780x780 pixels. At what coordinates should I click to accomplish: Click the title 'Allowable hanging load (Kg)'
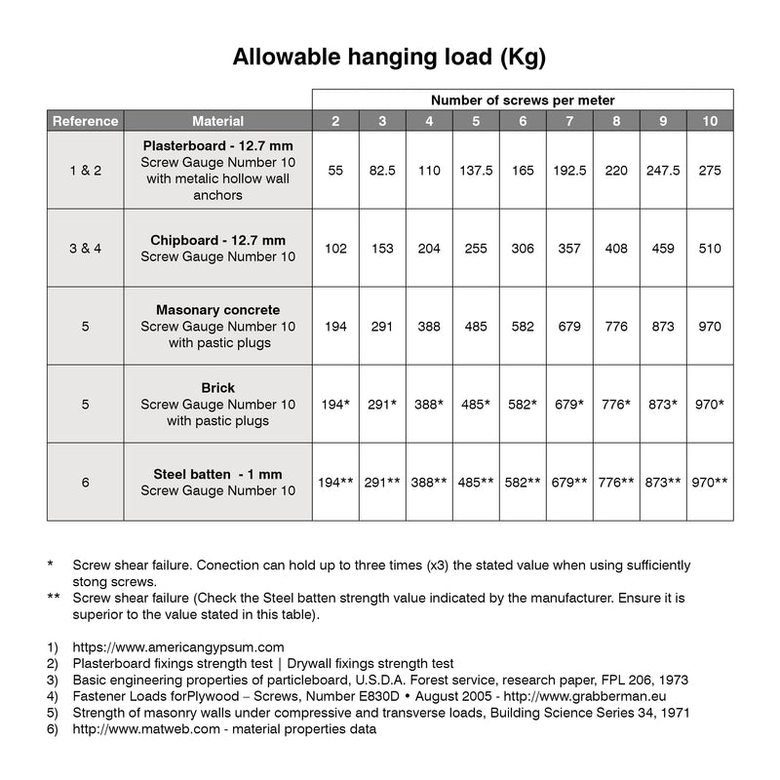click(x=389, y=57)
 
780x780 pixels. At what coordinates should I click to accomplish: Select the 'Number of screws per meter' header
click(x=523, y=100)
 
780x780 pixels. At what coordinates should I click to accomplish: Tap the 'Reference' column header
click(x=85, y=121)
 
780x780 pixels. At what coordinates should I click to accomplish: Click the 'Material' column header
click(x=217, y=121)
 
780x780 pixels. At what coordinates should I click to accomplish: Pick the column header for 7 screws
click(x=569, y=121)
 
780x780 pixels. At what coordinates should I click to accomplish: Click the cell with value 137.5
click(x=476, y=170)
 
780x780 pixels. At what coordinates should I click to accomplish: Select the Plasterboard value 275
click(x=710, y=170)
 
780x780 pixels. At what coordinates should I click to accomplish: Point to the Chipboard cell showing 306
click(x=523, y=249)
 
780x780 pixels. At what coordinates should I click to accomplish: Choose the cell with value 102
click(x=335, y=249)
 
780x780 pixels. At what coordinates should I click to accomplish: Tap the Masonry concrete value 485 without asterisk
click(x=476, y=327)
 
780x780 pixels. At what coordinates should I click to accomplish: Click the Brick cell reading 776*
click(x=616, y=405)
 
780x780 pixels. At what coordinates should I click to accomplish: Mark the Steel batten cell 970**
click(x=710, y=483)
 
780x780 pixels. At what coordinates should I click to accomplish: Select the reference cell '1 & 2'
click(x=85, y=170)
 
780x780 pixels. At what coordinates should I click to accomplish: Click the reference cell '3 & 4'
click(x=85, y=249)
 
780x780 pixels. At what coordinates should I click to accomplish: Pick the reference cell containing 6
click(x=85, y=483)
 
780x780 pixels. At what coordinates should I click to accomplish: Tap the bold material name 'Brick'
click(x=217, y=388)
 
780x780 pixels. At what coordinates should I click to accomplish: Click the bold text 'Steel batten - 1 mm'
click(x=217, y=475)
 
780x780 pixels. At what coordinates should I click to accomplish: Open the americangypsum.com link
click(x=178, y=646)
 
